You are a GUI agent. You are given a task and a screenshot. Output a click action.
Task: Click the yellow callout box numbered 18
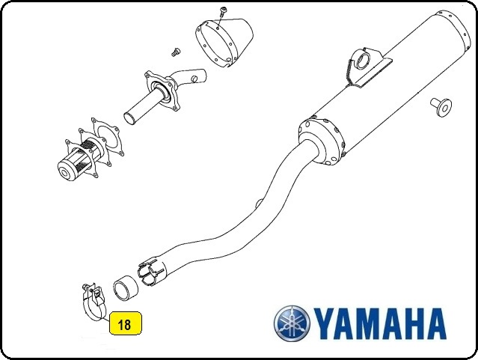(126, 323)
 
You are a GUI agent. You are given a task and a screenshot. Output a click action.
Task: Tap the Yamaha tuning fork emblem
(292, 323)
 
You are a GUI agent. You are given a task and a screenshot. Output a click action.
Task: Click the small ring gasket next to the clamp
(125, 289)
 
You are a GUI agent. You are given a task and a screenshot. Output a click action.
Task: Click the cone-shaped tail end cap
(224, 42)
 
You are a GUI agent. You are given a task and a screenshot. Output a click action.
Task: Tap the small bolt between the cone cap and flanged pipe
(175, 52)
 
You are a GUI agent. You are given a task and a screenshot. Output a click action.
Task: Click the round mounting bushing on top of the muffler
(361, 60)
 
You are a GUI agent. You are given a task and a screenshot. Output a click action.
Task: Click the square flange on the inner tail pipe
(162, 91)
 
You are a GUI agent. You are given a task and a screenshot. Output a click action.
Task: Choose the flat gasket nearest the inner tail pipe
(107, 137)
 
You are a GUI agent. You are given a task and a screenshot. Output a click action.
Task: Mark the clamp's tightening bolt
(87, 287)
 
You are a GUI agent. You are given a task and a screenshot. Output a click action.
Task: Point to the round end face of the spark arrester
(66, 174)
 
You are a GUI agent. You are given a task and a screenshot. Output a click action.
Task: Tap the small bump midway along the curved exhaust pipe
(259, 203)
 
